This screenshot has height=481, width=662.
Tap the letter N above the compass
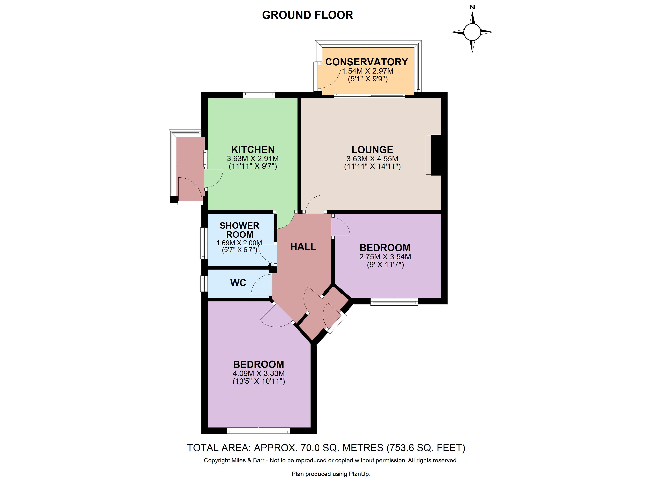coord(472,7)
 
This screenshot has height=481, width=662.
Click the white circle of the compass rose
coord(472,32)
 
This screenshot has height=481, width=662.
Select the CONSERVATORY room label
coord(367,62)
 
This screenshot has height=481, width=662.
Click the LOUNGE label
coord(372,150)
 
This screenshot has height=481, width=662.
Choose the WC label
coord(238,283)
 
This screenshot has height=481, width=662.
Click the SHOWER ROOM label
coord(239,230)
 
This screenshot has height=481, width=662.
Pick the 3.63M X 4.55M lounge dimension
coord(372,159)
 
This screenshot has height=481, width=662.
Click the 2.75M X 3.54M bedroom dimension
coord(385,257)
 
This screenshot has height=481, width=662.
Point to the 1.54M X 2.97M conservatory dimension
coord(368,71)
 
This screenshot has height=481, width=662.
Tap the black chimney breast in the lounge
coord(436,155)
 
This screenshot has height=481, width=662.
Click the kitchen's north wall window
coord(259,94)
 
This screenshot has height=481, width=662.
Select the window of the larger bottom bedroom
coord(258,431)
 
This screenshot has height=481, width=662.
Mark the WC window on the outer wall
coord(204,283)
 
